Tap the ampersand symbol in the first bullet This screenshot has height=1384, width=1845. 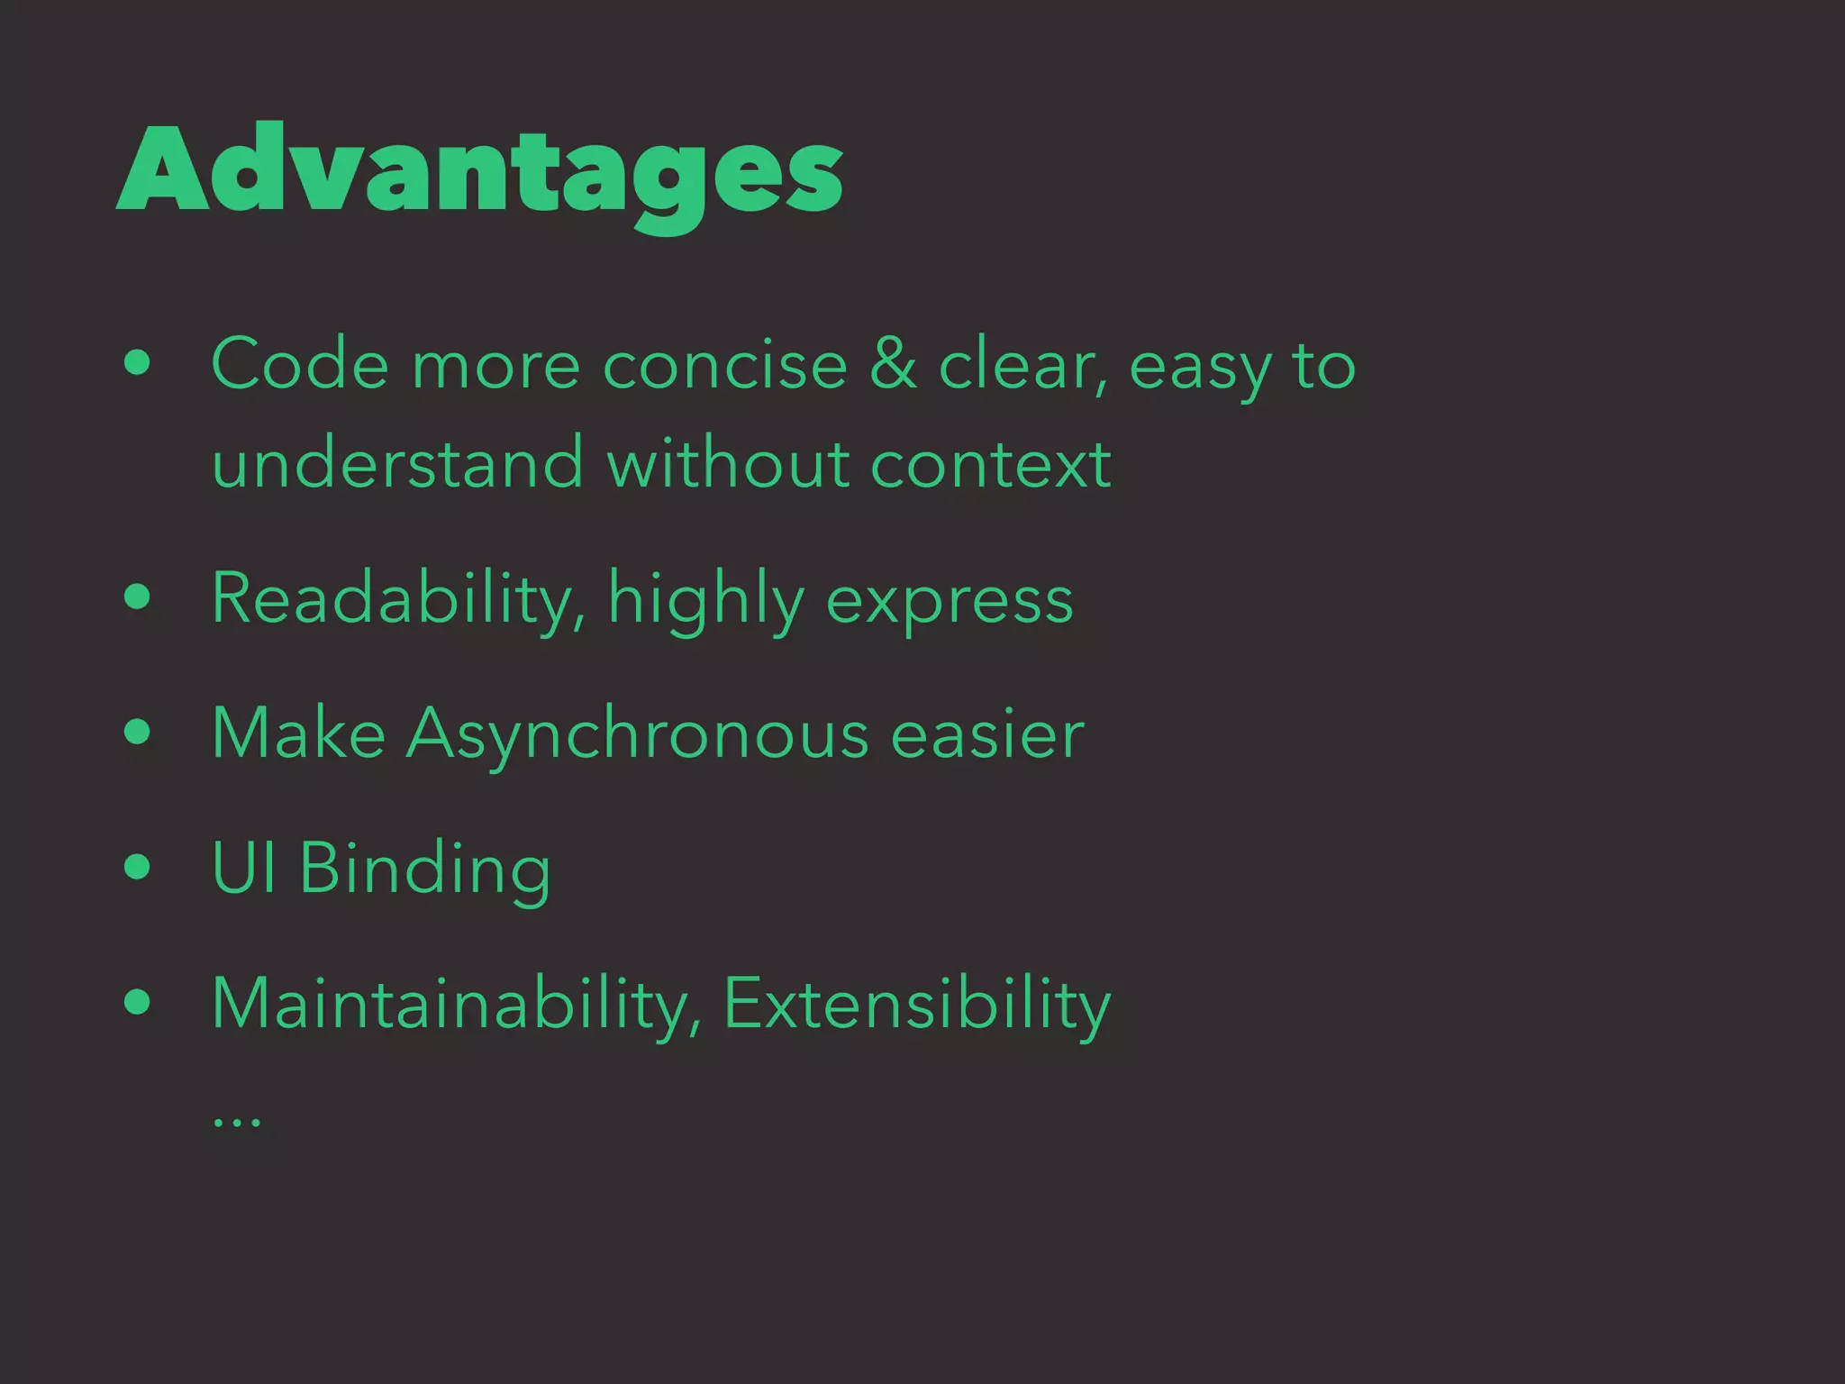pyautogui.click(x=893, y=365)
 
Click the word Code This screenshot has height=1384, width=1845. pyautogui.click(x=300, y=365)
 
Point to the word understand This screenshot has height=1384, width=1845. pyautogui.click(x=397, y=463)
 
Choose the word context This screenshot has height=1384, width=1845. pyautogui.click(x=990, y=463)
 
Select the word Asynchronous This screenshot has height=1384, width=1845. pyautogui.click(x=638, y=734)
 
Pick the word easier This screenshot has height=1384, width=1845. pyautogui.click(x=987, y=734)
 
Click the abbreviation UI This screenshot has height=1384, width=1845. pyautogui.click(x=243, y=868)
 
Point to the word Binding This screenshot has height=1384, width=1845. pyautogui.click(x=424, y=870)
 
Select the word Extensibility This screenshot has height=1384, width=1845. pyautogui.click(x=917, y=1003)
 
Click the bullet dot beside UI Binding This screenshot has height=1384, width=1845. pyautogui.click(x=138, y=867)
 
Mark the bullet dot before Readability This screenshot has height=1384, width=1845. pyautogui.click(x=138, y=596)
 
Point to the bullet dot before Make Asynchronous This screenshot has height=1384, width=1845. pyautogui.click(x=138, y=732)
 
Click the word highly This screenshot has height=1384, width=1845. pyautogui.click(x=706, y=599)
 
